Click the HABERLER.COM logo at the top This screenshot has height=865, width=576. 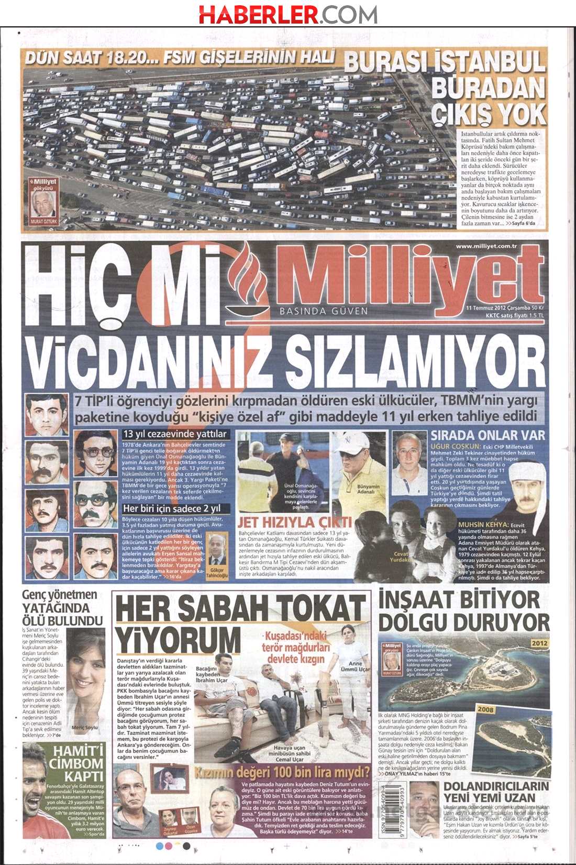point(287,14)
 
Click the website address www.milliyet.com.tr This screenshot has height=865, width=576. point(486,246)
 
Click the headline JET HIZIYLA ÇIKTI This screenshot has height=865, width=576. point(294,522)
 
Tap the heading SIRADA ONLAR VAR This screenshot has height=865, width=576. point(488,435)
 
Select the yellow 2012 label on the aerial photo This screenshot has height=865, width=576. point(539,643)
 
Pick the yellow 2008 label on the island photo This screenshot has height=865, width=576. point(485,709)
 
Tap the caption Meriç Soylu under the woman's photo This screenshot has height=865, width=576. point(84,728)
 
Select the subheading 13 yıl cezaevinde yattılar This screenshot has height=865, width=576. point(175,434)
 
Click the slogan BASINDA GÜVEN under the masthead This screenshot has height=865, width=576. point(324,311)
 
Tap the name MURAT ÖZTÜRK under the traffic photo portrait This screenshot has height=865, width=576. point(43,222)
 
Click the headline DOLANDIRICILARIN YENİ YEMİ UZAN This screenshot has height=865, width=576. point(496,791)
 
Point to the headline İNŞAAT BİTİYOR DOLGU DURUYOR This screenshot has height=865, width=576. point(463,611)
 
